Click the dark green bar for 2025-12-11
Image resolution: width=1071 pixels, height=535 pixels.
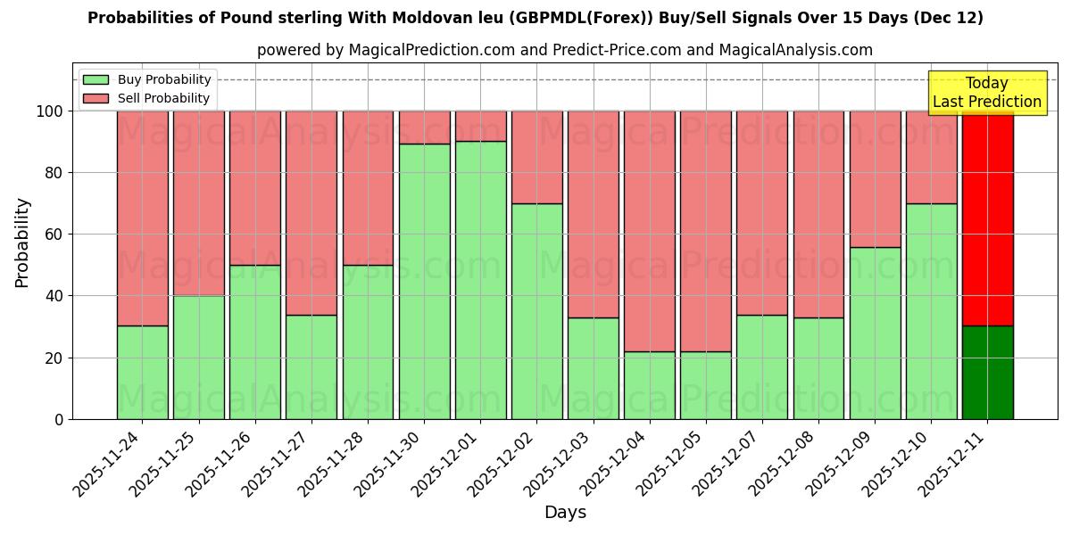(987, 372)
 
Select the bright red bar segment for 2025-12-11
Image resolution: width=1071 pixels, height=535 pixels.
(987, 218)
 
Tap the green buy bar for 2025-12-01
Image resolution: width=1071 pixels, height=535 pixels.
(480, 280)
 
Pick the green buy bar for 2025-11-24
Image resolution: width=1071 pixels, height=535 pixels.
(142, 372)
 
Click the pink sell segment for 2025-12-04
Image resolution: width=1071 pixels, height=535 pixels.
(650, 231)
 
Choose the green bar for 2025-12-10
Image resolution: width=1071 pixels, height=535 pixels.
(931, 311)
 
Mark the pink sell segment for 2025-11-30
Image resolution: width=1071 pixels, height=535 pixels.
(424, 127)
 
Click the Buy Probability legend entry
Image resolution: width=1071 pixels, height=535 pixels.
(147, 79)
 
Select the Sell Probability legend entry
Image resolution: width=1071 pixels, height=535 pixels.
(147, 98)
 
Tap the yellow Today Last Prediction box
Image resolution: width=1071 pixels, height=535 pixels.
(986, 93)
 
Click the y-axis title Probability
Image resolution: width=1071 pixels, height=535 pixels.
(22, 243)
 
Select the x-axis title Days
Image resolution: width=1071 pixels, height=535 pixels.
(565, 513)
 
